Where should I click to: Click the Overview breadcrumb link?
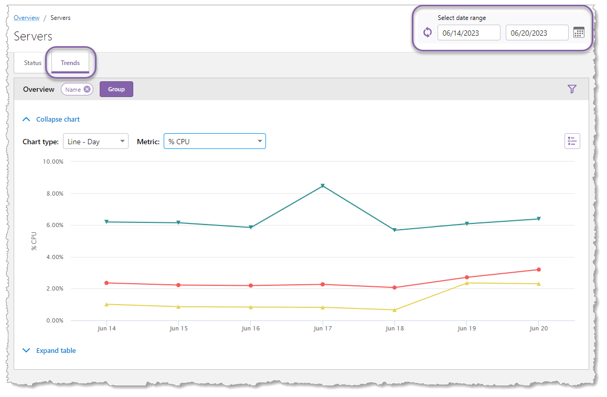coord(26,18)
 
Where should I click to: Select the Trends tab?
coord(70,63)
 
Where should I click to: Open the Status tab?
coord(33,63)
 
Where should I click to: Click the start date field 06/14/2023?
coord(468,33)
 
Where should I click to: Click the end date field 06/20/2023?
coord(537,33)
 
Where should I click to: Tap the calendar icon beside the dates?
coord(579,33)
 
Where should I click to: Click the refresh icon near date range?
coord(428,33)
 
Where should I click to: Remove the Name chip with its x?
coord(87,89)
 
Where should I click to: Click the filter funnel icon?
coord(572,89)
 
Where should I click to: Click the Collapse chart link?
coord(58,120)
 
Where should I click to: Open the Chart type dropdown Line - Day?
coord(95,142)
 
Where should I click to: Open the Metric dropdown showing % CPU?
coord(215,142)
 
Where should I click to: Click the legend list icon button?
coord(572,141)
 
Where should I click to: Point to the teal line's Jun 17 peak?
coord(323,186)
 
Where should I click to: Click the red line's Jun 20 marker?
coord(538,270)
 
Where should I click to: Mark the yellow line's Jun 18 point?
coord(395,310)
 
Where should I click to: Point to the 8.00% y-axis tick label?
coord(52,194)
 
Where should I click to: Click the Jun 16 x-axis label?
coord(250,329)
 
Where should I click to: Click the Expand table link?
coord(56,351)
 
